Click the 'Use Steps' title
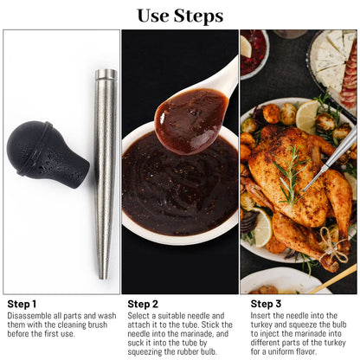[x=179, y=16]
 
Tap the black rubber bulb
[x=43, y=153]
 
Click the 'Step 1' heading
[x=22, y=304]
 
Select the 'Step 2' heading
[x=143, y=304]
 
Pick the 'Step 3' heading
[x=266, y=304]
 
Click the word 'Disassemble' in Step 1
[x=30, y=317]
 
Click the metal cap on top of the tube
[x=106, y=75]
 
